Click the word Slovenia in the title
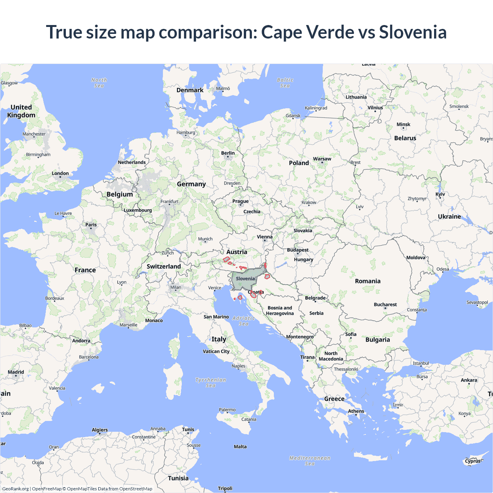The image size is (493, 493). [x=413, y=32]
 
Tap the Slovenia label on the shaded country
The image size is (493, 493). [x=245, y=278]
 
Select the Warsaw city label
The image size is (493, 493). [x=322, y=159]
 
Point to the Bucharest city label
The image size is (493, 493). [x=385, y=305]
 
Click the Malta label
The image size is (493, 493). [x=240, y=447]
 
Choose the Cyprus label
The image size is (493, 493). [x=473, y=461]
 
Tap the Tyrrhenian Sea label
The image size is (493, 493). [x=211, y=382]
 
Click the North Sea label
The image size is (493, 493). [x=99, y=83]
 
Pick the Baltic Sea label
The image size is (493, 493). [x=285, y=83]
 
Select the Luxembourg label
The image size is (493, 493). [x=138, y=210]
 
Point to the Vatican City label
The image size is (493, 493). [x=216, y=351]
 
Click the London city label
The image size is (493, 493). [x=60, y=173]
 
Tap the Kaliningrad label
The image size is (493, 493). [x=316, y=108]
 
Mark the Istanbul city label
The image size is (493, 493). [x=421, y=363]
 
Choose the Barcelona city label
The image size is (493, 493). [x=89, y=357]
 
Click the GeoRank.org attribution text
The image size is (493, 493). [x=15, y=489]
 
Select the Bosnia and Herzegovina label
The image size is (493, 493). [x=280, y=310]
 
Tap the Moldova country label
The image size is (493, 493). [x=416, y=258]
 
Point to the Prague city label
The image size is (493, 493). [x=240, y=201]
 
